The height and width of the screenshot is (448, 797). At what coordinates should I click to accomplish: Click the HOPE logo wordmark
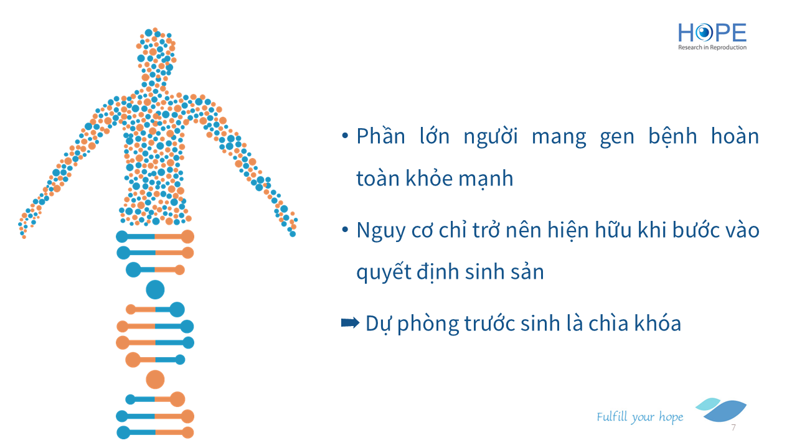[712, 33]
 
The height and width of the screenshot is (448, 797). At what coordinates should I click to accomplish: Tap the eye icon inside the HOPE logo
[704, 33]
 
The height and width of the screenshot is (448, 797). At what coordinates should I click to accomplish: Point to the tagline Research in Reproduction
[712, 47]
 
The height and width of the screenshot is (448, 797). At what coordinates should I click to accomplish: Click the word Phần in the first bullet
[380, 136]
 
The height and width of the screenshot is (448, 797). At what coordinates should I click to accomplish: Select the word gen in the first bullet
[617, 138]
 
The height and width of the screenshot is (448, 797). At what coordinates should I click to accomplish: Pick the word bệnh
[672, 136]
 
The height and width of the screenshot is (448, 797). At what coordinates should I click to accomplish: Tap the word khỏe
[429, 178]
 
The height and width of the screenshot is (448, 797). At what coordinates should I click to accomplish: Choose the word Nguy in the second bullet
[380, 231]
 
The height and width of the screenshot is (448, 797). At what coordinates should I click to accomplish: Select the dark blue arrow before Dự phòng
[350, 323]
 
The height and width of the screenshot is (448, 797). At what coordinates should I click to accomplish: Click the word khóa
[658, 323]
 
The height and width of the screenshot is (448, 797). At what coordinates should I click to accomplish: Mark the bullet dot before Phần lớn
[345, 136]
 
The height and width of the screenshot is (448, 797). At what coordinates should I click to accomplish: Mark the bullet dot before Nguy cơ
[345, 230]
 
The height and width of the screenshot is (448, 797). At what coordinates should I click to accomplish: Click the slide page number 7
[733, 427]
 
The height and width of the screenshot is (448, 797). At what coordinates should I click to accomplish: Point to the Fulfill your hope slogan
[639, 417]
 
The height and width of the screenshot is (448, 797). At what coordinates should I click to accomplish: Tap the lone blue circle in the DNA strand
[155, 289]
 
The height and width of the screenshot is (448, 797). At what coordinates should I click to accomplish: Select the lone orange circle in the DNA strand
[155, 380]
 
